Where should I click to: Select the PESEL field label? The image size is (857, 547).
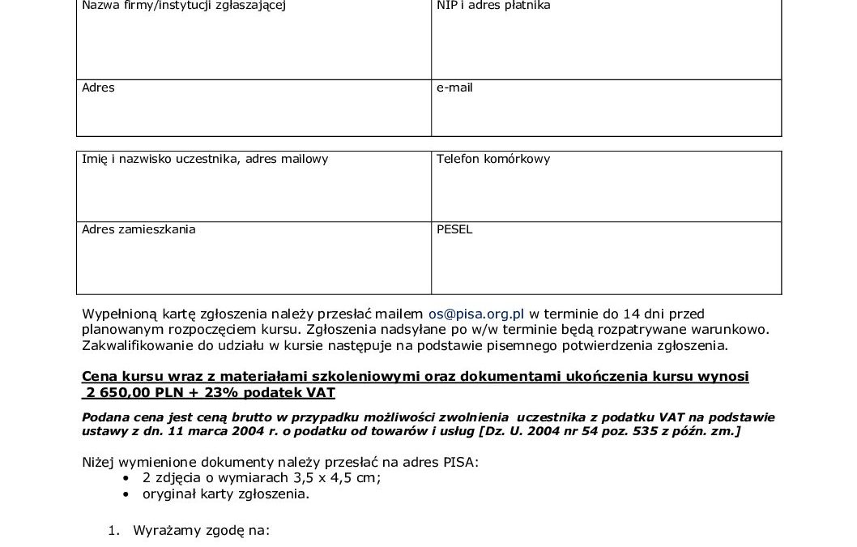point(454,229)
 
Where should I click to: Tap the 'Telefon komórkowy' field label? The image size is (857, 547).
point(492,159)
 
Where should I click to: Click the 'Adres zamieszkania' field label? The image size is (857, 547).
point(139,229)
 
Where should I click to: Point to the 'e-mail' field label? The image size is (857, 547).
point(454,88)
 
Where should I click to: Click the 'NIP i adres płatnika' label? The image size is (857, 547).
point(493,6)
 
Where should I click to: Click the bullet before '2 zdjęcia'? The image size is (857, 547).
point(126,478)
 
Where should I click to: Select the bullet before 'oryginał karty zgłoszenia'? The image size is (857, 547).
point(126,493)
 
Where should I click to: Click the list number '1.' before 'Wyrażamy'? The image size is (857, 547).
point(114,532)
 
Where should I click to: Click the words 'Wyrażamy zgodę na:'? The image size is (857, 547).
point(201,532)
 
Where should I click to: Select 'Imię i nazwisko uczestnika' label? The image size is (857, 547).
point(155,159)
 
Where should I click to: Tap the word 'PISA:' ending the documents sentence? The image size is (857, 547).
point(462,463)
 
